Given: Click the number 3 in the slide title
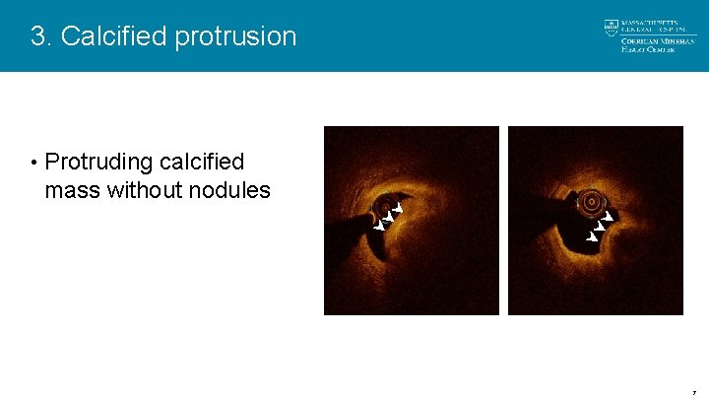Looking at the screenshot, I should [x=38, y=36].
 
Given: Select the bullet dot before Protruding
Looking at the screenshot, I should [x=33, y=163].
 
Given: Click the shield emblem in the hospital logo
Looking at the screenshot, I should [x=612, y=27].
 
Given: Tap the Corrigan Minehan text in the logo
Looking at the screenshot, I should [x=658, y=39].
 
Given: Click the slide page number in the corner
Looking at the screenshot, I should [x=693, y=391].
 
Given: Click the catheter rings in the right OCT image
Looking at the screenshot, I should [x=591, y=202].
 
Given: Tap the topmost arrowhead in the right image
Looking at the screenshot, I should [x=609, y=216].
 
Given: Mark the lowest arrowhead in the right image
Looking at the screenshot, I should [x=592, y=237].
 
